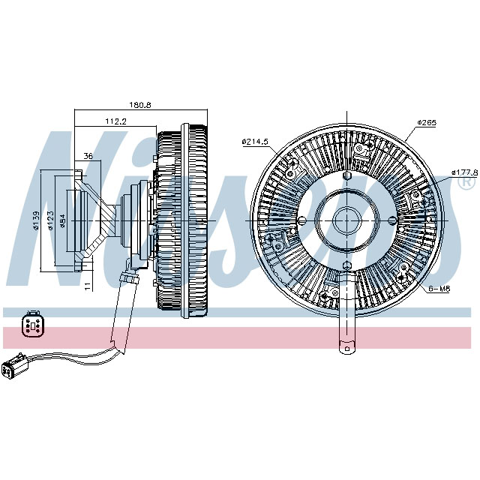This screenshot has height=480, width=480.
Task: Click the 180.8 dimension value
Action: tap(140, 105)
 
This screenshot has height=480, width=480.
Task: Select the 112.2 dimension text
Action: tap(115, 121)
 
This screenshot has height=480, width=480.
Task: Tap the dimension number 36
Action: tap(88, 157)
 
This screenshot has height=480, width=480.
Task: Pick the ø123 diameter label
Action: tap(51, 222)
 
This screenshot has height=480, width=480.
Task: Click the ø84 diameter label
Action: tap(63, 222)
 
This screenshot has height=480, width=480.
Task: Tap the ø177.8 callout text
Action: tap(465, 172)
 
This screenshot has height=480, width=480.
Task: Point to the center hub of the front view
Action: tap(347, 221)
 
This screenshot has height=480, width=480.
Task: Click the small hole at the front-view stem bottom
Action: tap(347, 346)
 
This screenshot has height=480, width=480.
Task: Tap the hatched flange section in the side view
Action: tap(87, 222)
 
